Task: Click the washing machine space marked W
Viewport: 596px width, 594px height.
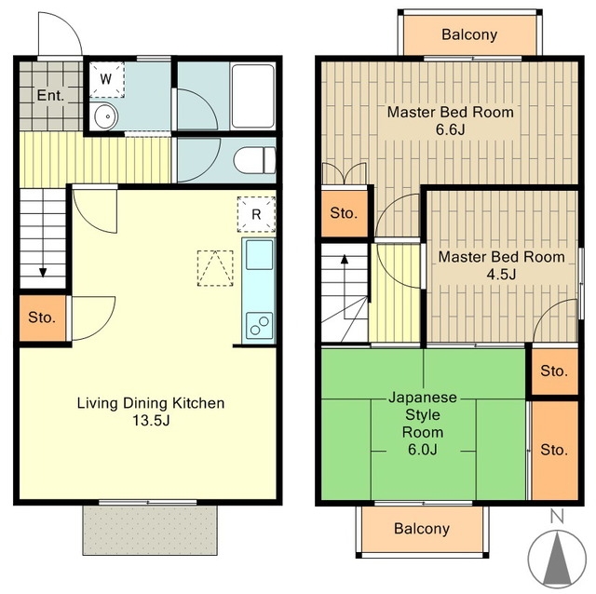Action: pos(107,79)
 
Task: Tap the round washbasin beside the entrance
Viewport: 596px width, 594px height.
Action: pos(105,116)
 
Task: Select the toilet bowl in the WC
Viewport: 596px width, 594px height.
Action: pos(254,160)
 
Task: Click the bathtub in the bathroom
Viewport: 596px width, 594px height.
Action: pos(253,97)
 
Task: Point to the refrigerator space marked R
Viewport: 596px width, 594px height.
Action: pos(257,214)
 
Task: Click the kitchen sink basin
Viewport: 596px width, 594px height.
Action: pos(259,254)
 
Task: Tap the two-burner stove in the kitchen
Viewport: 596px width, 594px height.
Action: pos(259,326)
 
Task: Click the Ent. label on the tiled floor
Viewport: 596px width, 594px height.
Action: pos(50,95)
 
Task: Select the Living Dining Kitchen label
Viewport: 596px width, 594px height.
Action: pos(151,403)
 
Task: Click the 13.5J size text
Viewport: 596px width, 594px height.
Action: pos(151,420)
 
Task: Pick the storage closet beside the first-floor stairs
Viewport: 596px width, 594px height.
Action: pos(43,317)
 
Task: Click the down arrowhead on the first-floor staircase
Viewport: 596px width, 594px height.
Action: pos(43,273)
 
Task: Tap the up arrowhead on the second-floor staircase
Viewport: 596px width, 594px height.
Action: pos(345,260)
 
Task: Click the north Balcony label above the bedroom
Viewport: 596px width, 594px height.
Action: pos(469,34)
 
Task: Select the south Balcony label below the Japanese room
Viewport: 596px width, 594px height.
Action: pos(422,529)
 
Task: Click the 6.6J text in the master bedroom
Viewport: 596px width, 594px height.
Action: pos(451,129)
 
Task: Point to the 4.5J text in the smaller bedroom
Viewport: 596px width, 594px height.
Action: pos(501,274)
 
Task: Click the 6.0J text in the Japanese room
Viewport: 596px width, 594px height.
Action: pos(423,450)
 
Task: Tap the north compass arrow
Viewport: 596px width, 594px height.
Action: pos(557,559)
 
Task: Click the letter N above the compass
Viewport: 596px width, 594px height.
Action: pos(557,517)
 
